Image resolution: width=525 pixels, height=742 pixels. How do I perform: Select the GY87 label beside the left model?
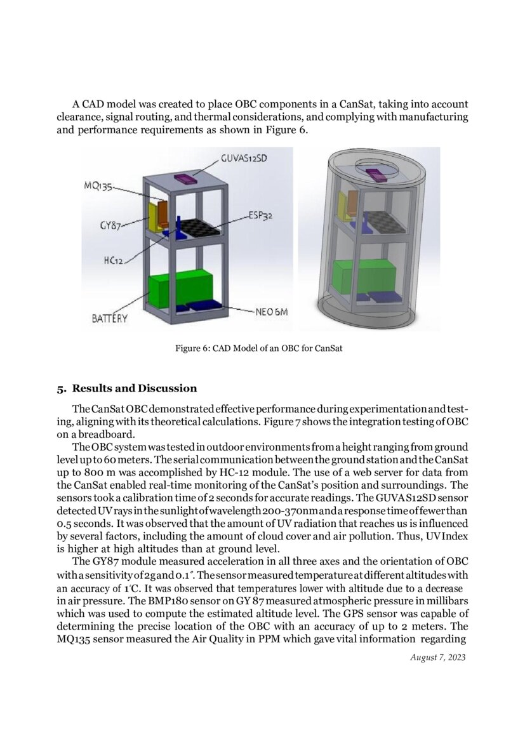point(110,225)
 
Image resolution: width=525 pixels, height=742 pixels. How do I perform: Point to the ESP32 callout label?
point(260,216)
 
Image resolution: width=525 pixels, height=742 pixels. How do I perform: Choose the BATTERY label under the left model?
point(110,319)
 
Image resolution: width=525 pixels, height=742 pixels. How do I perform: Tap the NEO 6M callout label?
point(271,312)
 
